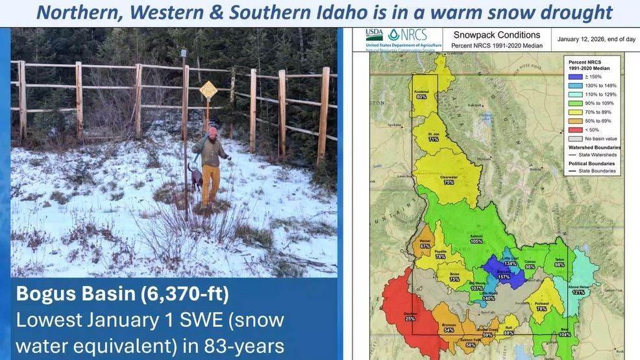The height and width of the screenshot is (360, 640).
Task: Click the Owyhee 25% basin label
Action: (x=410, y=317)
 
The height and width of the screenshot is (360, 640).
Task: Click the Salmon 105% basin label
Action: (x=476, y=239)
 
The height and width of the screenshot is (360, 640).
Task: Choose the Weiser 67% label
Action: (x=425, y=244)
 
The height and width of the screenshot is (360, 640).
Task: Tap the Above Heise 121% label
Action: (x=578, y=289)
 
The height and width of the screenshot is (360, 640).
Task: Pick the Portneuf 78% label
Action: (x=541, y=306)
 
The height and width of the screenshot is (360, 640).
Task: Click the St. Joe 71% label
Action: (x=434, y=136)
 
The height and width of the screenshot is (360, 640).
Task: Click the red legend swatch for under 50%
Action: (x=571, y=130)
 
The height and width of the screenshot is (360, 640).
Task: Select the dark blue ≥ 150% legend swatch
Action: (x=571, y=77)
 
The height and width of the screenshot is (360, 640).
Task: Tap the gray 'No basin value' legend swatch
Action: (x=571, y=139)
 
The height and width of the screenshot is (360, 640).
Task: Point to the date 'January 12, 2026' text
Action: (x=596, y=40)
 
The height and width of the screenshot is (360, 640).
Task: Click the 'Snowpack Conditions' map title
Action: (x=497, y=35)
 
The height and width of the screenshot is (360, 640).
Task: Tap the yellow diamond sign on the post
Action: (x=208, y=89)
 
